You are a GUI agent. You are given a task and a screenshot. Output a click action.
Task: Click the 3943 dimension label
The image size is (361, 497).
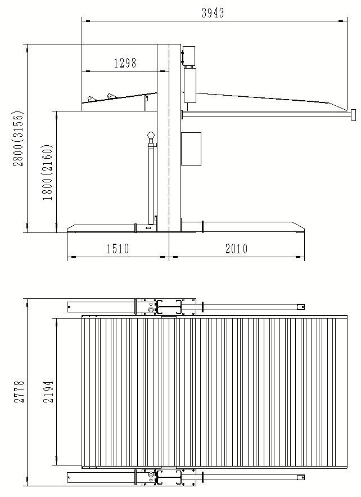(x=213, y=13)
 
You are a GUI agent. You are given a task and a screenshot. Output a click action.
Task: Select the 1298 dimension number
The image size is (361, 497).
(x=125, y=63)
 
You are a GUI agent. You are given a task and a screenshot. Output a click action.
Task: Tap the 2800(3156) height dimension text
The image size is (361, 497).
(x=18, y=138)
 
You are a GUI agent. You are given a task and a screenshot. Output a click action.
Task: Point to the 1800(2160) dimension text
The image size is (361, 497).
(x=47, y=172)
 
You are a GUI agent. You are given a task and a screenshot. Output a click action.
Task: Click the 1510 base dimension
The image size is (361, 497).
(x=118, y=249)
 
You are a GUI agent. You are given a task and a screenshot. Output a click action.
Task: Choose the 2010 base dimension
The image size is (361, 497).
(x=236, y=249)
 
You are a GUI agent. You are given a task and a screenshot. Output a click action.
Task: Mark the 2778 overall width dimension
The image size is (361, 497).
(x=19, y=392)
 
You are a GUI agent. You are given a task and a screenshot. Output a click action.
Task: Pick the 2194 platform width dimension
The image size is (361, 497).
(x=48, y=392)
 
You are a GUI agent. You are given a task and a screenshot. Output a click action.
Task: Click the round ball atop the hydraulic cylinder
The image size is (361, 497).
(x=151, y=136)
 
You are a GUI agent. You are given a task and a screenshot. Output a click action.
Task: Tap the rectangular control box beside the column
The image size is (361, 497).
(x=191, y=149)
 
